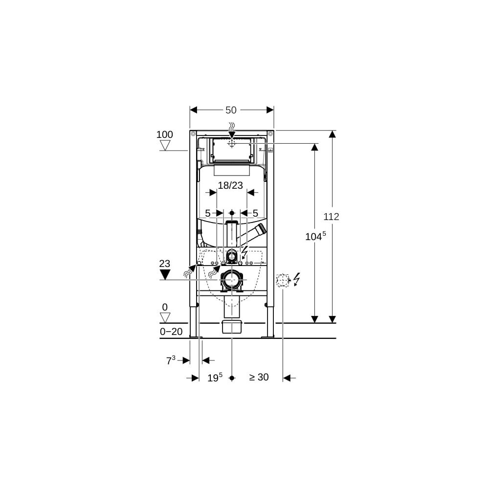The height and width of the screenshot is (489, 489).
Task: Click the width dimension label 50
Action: [x=231, y=110]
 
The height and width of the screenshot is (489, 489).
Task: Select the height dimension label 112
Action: [x=331, y=217]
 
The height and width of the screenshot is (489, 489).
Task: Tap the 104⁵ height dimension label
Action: [x=315, y=236]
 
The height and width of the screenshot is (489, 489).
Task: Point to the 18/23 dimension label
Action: [x=230, y=185]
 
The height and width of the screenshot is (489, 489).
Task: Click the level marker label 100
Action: [x=164, y=134]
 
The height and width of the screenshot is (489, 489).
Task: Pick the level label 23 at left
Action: [x=165, y=264]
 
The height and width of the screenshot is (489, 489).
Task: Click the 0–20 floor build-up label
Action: [x=171, y=332]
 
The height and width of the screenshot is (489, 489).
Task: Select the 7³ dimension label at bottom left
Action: [x=171, y=360]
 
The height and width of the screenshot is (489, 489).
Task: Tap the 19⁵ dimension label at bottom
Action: [x=215, y=378]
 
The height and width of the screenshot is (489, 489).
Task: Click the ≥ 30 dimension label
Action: [x=259, y=377]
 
